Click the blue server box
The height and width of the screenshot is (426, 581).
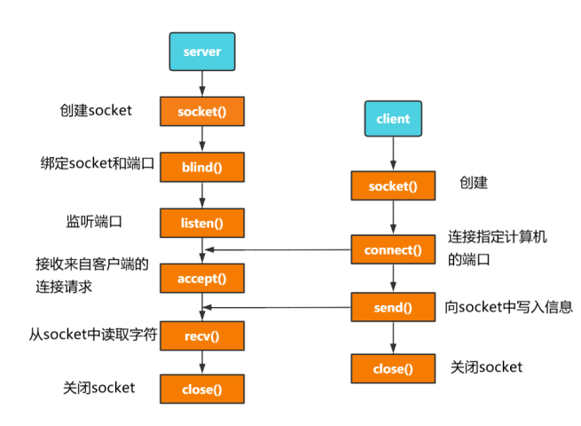[x=201, y=52]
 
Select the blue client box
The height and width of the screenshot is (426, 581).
[x=393, y=118]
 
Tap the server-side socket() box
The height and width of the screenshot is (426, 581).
[x=201, y=111]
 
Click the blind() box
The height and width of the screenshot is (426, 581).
[x=201, y=166]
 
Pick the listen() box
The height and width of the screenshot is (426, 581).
[x=201, y=222]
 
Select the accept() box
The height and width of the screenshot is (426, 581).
[x=201, y=278]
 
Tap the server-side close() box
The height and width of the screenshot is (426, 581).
[x=201, y=389]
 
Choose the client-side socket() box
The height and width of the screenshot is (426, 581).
[x=393, y=185]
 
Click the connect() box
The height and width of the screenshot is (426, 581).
[x=393, y=249]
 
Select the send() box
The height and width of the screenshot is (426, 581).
[x=393, y=308]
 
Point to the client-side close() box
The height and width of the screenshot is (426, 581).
[x=393, y=367]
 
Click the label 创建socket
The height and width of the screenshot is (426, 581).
[x=97, y=111]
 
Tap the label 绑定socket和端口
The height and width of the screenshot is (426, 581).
[x=98, y=164]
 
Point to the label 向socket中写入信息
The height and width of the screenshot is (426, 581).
[x=508, y=307]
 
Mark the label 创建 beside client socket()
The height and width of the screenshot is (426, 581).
[x=473, y=184]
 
